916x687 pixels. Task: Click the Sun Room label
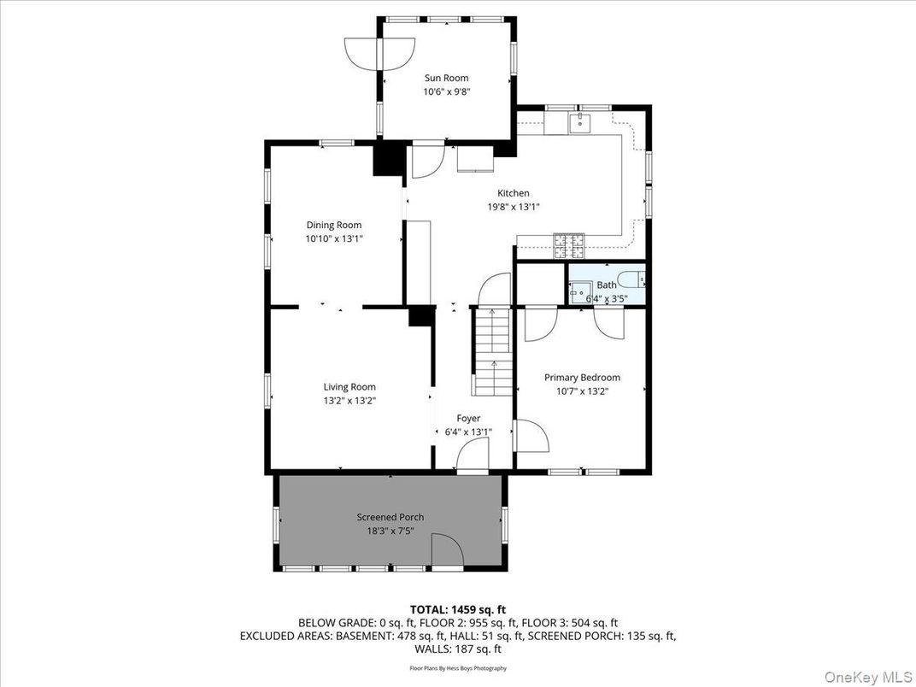446,78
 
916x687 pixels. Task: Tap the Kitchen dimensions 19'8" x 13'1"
514,207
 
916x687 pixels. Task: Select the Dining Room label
334,226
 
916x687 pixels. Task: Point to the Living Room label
349,387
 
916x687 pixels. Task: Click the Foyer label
468,418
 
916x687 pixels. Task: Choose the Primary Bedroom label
582,378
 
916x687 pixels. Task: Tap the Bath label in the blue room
607,285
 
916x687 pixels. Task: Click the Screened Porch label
390,517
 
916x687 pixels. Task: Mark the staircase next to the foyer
492,351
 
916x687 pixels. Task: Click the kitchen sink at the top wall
580,124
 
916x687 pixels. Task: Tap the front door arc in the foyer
472,460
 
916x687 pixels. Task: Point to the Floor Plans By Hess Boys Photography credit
458,668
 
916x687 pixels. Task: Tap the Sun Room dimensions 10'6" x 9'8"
446,91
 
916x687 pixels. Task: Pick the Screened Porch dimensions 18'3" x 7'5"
390,531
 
